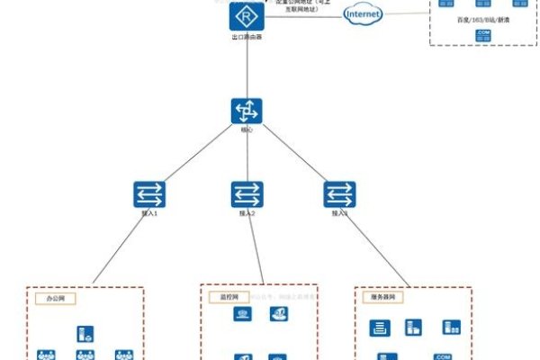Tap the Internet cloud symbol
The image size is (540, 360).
[364, 15]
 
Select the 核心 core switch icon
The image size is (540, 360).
[246, 112]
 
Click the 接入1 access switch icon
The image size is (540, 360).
[148, 194]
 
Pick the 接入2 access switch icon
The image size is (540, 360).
[247, 194]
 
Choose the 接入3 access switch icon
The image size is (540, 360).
[339, 194]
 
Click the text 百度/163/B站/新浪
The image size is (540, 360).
[482, 19]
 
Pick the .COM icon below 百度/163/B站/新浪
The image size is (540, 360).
[482, 34]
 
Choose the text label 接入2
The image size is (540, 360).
[247, 214]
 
